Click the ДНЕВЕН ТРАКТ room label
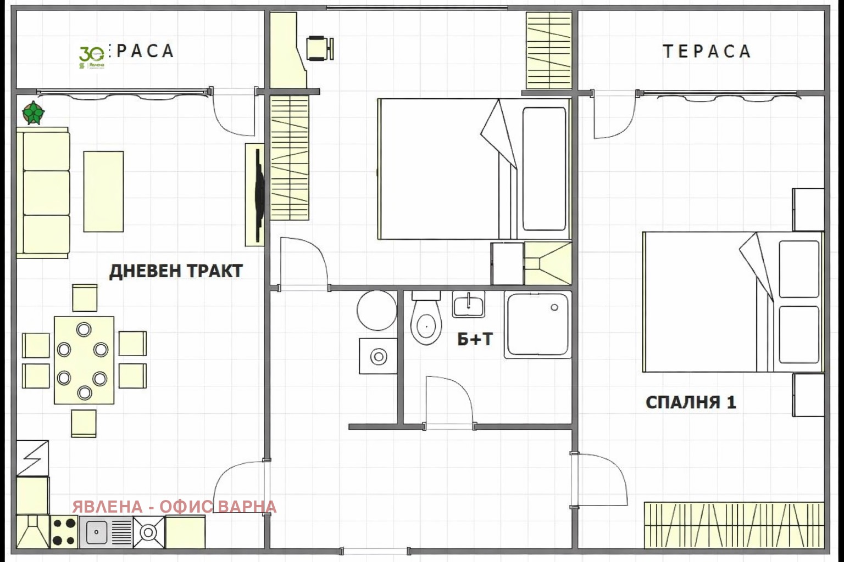(176, 271)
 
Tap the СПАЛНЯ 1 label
(691, 402)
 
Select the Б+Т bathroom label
(475, 340)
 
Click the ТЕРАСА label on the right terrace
(707, 51)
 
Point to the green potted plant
(34, 113)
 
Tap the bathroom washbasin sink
(468, 305)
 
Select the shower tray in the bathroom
(538, 325)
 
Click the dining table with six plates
(84, 360)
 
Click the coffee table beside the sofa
(103, 192)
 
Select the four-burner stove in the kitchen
(65, 532)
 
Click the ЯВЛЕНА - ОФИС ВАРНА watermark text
(174, 507)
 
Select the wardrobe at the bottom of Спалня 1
(734, 525)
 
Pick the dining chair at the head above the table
(85, 297)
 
